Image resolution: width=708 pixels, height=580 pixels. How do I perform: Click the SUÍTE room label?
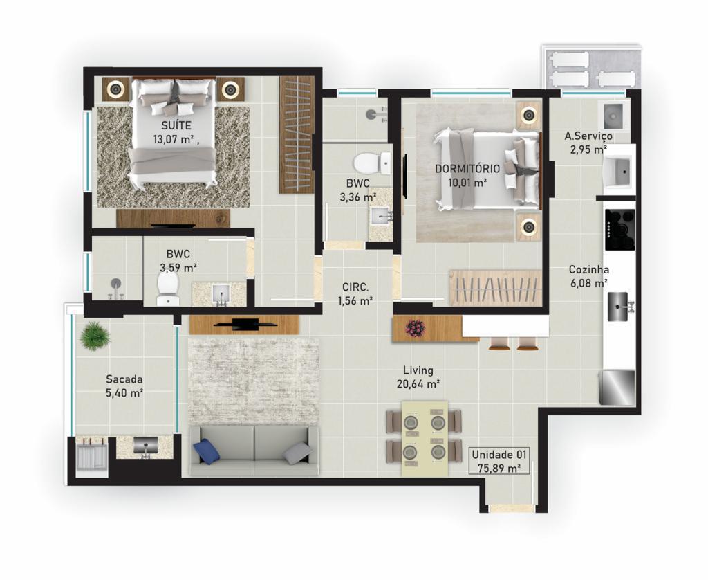pyautogui.click(x=176, y=125)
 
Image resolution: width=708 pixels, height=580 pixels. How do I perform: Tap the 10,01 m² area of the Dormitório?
pyautogui.click(x=467, y=183)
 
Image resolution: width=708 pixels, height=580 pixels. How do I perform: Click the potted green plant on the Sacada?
pyautogui.click(x=95, y=337)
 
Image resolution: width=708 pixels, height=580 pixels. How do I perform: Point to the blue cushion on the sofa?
pyautogui.click(x=206, y=452)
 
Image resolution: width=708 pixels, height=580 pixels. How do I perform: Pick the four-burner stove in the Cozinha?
pyautogui.click(x=619, y=229)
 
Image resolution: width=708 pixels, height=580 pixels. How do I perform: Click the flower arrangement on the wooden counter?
pyautogui.click(x=415, y=328)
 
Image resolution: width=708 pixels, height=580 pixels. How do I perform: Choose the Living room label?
pyautogui.click(x=420, y=370)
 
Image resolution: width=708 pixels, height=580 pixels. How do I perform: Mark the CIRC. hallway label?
pyautogui.click(x=355, y=287)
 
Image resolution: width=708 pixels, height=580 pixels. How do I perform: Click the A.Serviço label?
pyautogui.click(x=588, y=136)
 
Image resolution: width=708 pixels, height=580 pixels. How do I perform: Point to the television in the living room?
pyautogui.click(x=245, y=323)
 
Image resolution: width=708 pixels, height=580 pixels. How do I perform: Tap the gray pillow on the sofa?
pyautogui.click(x=297, y=453)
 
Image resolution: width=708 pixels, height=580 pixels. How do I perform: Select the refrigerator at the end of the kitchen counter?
pyautogui.click(x=617, y=387)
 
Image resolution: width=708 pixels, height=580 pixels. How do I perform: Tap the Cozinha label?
pyautogui.click(x=588, y=269)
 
